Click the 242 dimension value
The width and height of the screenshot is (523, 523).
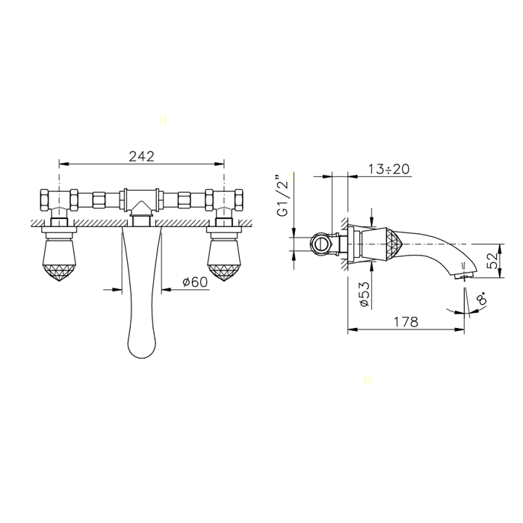click(x=142, y=156)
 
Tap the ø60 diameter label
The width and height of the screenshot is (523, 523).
click(x=195, y=282)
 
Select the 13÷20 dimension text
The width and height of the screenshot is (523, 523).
click(x=389, y=169)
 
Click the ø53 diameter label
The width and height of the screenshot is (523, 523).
click(x=365, y=294)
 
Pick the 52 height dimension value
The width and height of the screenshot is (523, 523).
click(x=492, y=261)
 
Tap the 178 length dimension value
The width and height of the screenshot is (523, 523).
click(x=406, y=322)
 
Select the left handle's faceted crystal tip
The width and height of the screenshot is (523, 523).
click(x=59, y=273)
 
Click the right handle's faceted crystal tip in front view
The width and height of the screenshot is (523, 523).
click(x=224, y=273)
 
